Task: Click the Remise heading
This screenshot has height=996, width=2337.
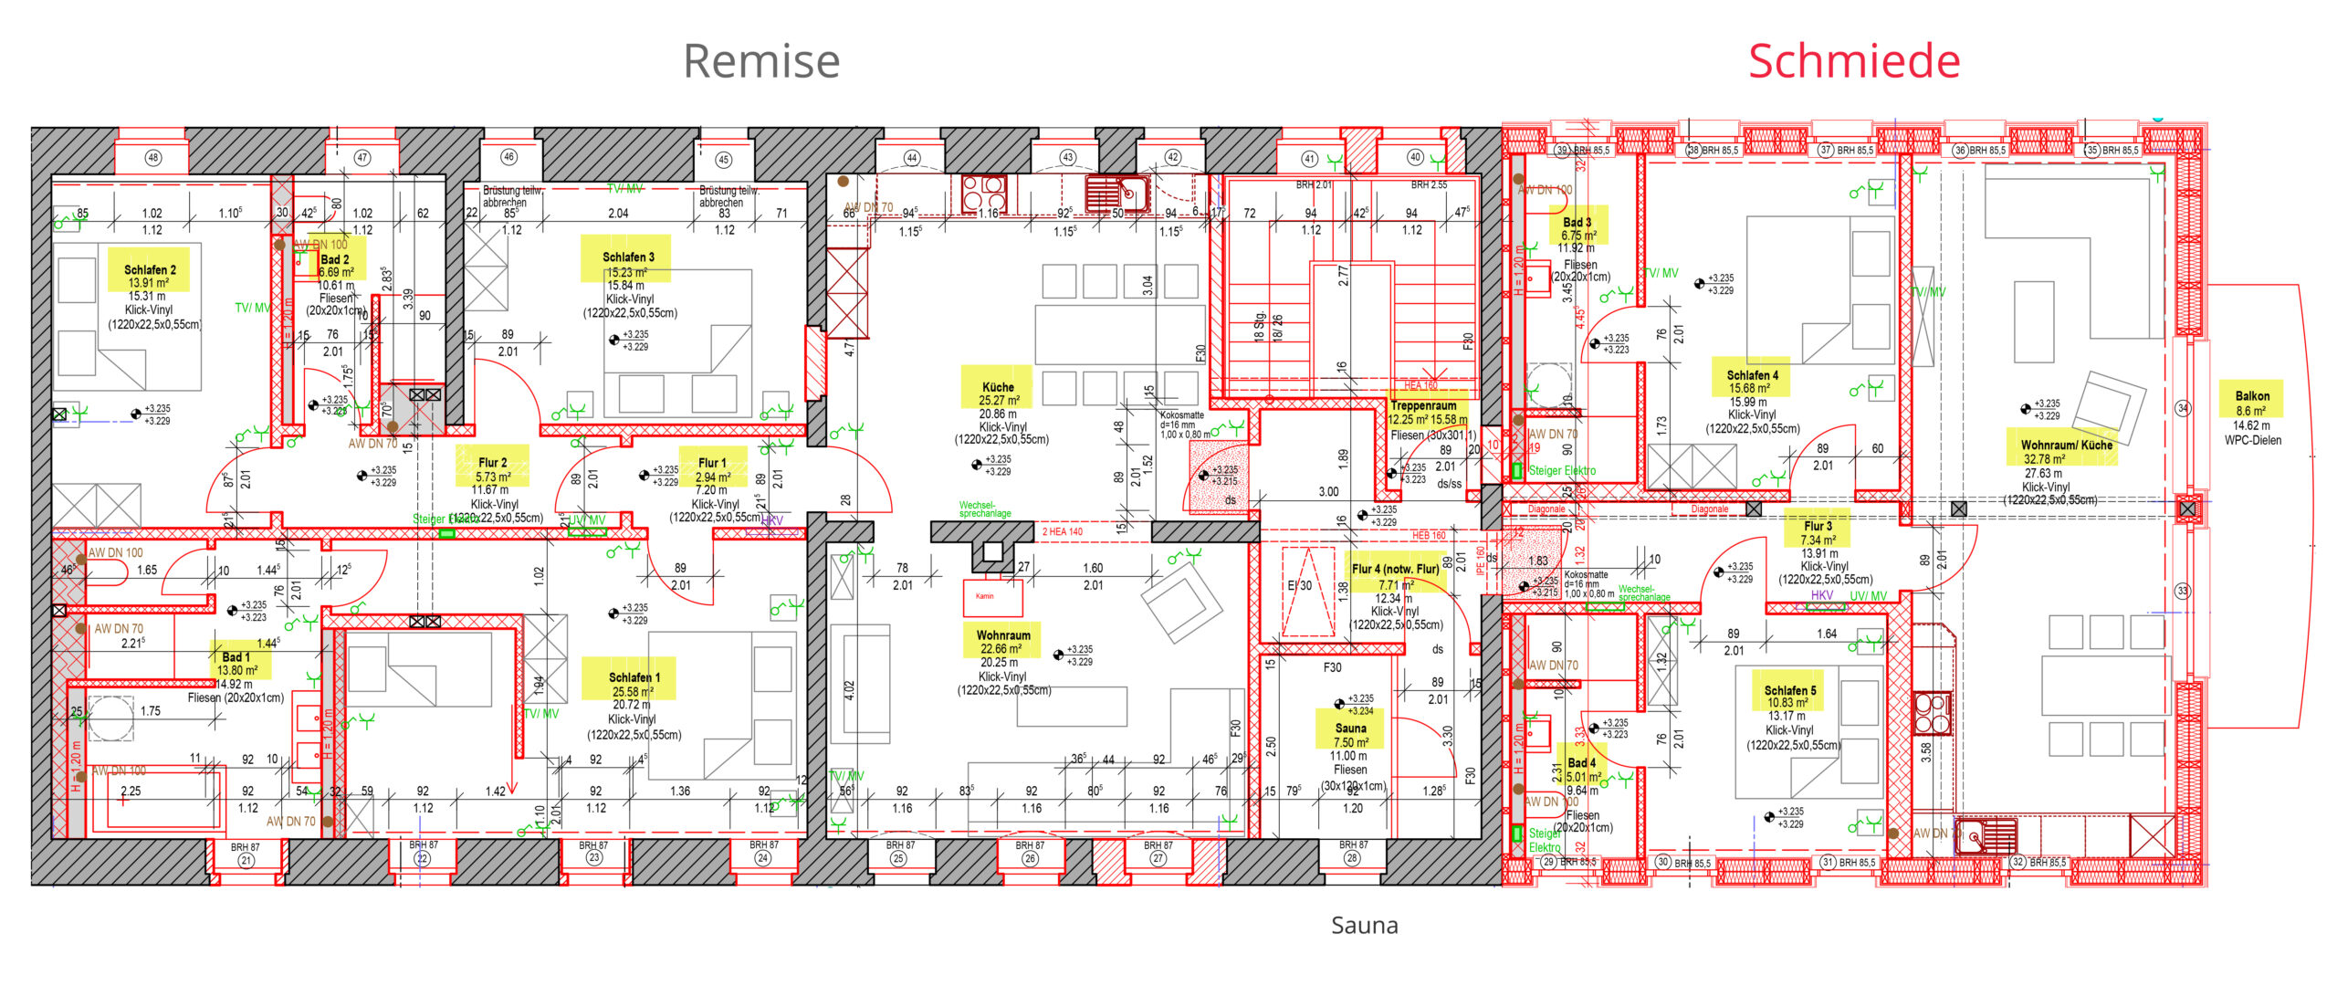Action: coord(760,61)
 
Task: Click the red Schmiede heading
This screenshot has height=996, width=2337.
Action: coord(1853,61)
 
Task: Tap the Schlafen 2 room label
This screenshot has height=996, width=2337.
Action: coord(150,270)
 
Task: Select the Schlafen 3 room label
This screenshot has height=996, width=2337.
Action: coord(628,257)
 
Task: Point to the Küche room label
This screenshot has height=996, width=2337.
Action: coord(998,387)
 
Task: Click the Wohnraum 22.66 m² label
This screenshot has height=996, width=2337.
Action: coord(1003,635)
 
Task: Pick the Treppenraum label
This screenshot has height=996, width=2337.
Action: coord(1423,405)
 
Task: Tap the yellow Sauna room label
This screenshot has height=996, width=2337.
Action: coord(1350,729)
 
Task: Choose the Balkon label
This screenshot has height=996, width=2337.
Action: coord(2252,396)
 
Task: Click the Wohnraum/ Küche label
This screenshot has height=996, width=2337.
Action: coord(2066,446)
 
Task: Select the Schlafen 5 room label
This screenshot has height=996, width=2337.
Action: coord(1789,691)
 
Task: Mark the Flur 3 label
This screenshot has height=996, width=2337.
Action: coord(1818,527)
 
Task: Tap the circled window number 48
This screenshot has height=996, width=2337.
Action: coord(153,158)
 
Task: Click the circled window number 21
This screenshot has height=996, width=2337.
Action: coord(246,860)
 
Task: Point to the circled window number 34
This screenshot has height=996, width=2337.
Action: coord(2183,408)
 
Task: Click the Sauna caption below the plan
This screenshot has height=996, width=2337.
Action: coord(1364,926)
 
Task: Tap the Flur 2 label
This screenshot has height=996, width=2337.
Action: coord(492,463)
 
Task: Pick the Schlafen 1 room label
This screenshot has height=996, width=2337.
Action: coord(634,677)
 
